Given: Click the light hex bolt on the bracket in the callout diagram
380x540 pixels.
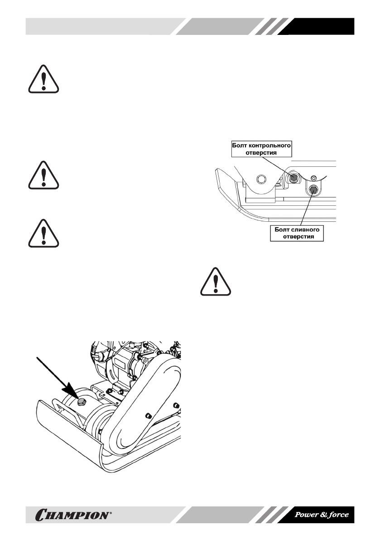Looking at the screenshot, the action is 260,179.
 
